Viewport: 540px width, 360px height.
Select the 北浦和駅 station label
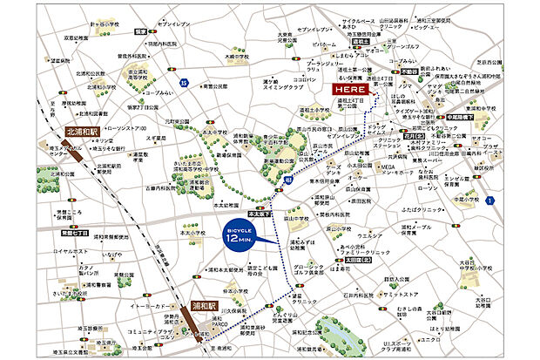coord(86,133)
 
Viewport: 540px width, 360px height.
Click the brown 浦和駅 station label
coord(198,307)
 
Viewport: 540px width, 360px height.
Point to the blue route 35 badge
coord(184,82)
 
